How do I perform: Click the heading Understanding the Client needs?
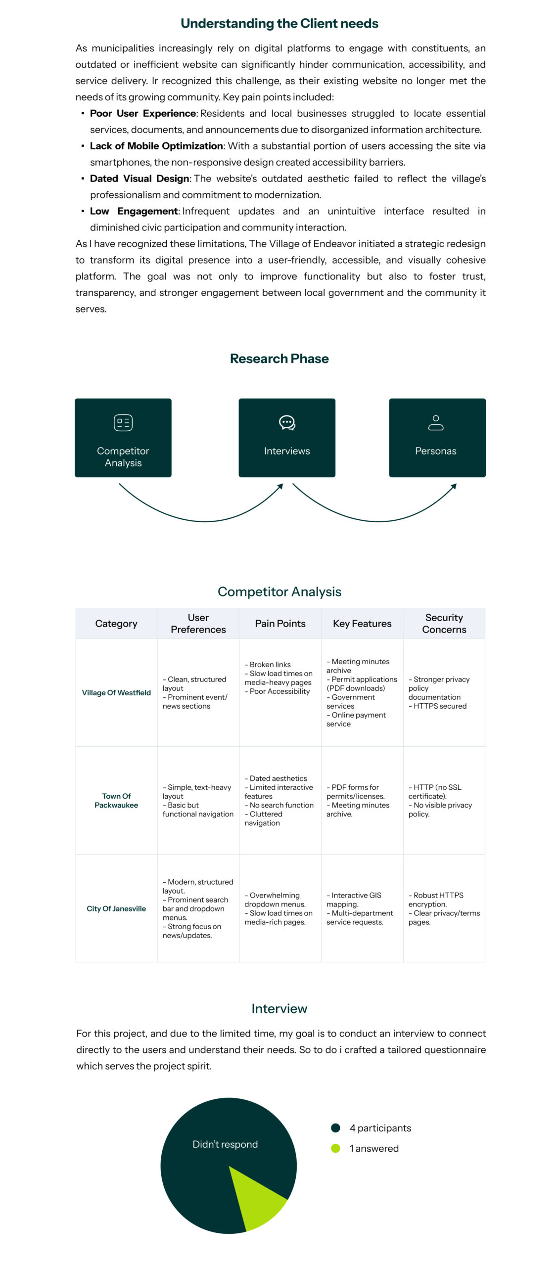tap(279, 23)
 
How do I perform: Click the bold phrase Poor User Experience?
tap(142, 113)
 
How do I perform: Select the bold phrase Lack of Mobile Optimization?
tap(156, 146)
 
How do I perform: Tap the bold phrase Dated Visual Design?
tap(140, 179)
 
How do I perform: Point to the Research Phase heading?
tap(279, 359)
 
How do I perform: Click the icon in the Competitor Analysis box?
tap(123, 423)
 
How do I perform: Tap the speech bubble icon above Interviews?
tap(287, 423)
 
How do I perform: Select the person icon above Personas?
tap(435, 423)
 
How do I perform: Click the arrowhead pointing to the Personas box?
tap(454, 487)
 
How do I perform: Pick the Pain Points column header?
tap(280, 624)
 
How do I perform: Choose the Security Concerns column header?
tap(444, 624)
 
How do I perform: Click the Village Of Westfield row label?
tap(116, 693)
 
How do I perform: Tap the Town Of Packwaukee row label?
tap(116, 801)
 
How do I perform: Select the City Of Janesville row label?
tap(116, 908)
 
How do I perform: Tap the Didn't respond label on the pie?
tap(225, 1144)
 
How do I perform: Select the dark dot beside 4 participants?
tap(335, 1128)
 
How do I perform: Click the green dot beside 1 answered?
tap(335, 1148)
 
